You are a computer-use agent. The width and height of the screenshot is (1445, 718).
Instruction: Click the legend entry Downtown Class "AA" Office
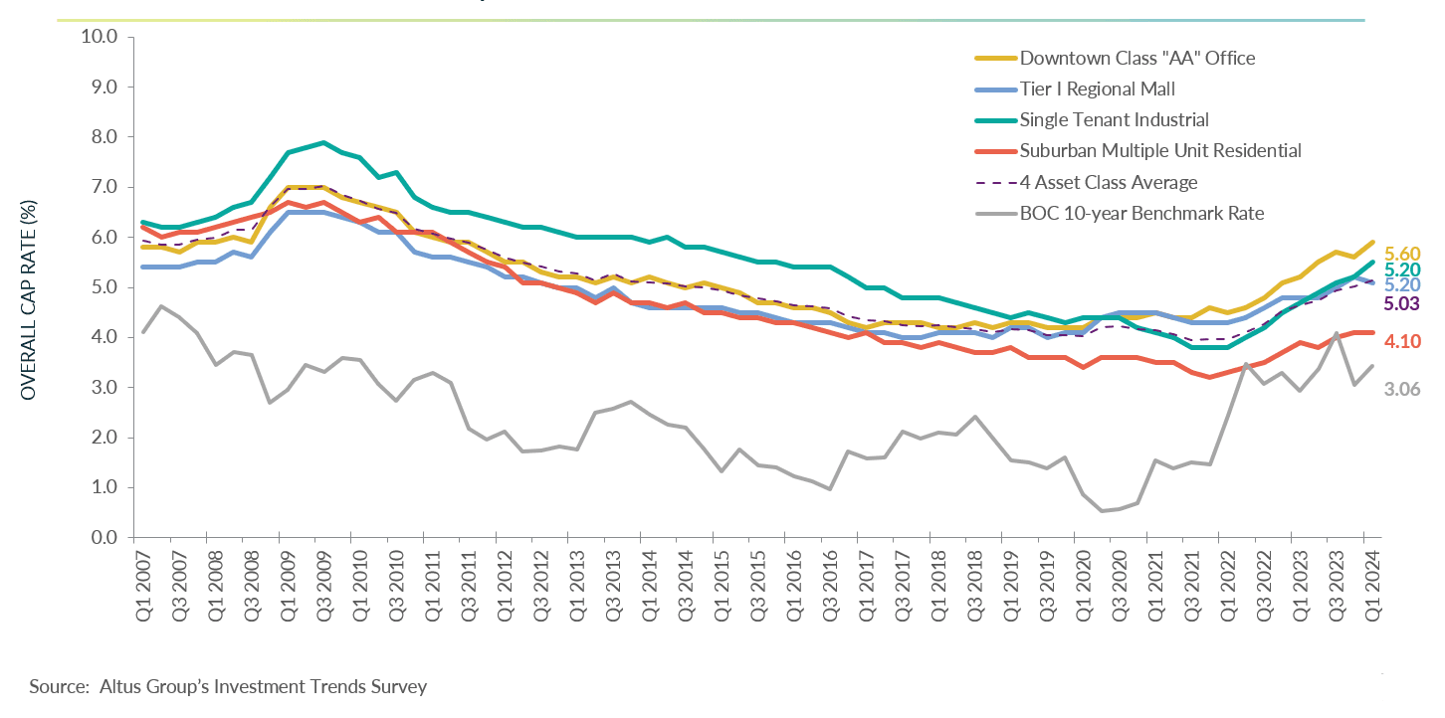coord(1136,58)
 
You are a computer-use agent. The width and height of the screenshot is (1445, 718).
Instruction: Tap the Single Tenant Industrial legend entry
coord(1114,119)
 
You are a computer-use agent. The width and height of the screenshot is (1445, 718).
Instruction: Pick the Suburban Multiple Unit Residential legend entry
coord(1160,151)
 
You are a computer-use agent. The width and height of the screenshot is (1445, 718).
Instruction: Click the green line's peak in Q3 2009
coord(323,142)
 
